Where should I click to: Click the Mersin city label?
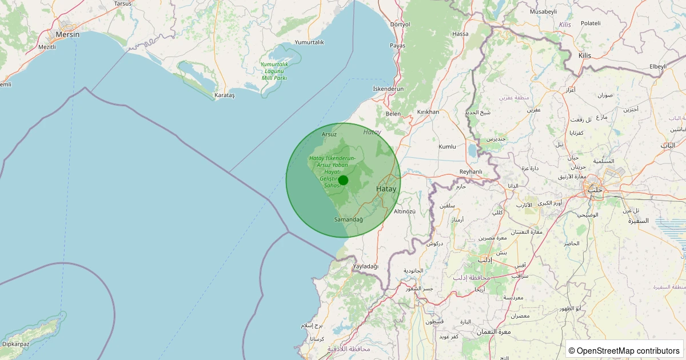pyautogui.click(x=67, y=34)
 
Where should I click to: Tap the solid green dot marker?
pyautogui.click(x=343, y=181)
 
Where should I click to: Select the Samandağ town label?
pyautogui.click(x=348, y=219)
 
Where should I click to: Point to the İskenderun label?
pyautogui.click(x=388, y=89)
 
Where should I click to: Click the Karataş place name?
pyautogui.click(x=224, y=95)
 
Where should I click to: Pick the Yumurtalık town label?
pyautogui.click(x=309, y=42)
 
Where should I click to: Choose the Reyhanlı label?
pyautogui.click(x=471, y=172)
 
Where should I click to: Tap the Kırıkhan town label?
pyautogui.click(x=428, y=112)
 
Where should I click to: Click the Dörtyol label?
pyautogui.click(x=400, y=25)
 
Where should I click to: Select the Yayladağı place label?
pyautogui.click(x=366, y=267)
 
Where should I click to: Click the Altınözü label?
pyautogui.click(x=405, y=211)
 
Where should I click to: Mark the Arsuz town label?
pyautogui.click(x=329, y=134)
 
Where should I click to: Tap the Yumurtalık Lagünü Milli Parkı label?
pyautogui.click(x=274, y=71)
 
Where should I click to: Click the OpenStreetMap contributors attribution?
pyautogui.click(x=624, y=350)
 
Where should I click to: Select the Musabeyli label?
pyautogui.click(x=543, y=11)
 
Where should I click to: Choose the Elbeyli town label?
pyautogui.click(x=658, y=67)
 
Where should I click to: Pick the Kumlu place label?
pyautogui.click(x=447, y=147)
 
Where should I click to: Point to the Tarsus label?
pyautogui.click(x=123, y=3)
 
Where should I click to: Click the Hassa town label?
pyautogui.click(x=460, y=34)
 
